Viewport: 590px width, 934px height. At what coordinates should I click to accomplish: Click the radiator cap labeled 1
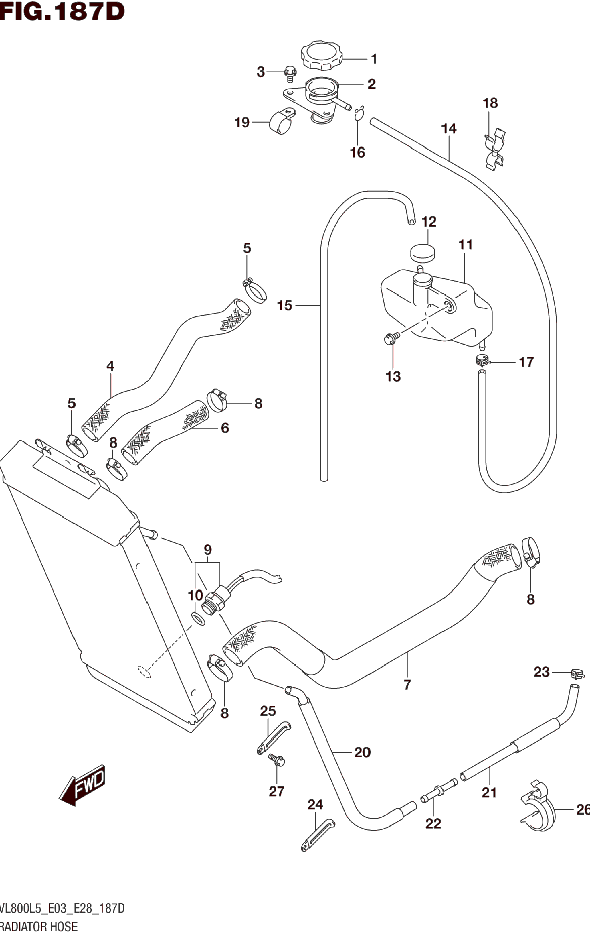pyautogui.click(x=321, y=56)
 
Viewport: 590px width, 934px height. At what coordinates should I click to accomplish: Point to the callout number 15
pyautogui.click(x=284, y=306)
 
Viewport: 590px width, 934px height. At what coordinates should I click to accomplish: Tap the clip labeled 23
pyautogui.click(x=577, y=674)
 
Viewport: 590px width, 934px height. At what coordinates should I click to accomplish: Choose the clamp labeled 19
pyautogui.click(x=280, y=122)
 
